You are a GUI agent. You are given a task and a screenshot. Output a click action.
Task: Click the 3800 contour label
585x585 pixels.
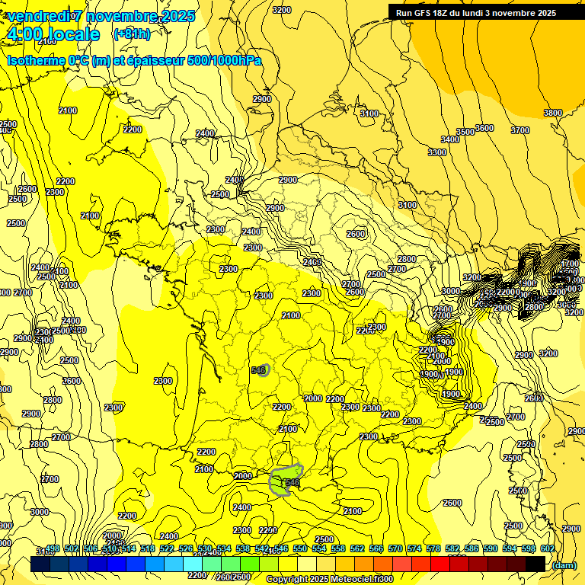tap(553, 113)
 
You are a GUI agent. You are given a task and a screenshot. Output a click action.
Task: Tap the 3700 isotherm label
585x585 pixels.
tap(519, 130)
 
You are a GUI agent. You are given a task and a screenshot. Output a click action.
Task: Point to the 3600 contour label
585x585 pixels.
tap(484, 128)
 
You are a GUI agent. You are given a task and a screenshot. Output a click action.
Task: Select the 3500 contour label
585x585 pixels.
tap(465, 132)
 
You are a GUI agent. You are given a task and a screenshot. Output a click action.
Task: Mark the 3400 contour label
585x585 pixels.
tap(450, 139)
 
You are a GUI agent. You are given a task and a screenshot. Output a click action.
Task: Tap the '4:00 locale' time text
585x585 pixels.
tap(53, 34)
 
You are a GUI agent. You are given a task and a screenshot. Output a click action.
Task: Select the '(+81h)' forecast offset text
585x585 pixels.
tap(131, 34)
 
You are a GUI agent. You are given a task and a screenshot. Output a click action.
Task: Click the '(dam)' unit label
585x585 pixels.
tap(564, 564)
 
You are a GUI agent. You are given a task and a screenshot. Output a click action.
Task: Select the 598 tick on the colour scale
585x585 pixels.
tap(529, 548)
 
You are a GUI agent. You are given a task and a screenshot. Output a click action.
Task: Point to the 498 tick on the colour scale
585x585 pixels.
tap(53, 548)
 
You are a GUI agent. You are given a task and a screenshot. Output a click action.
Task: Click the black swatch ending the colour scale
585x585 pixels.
tap(535, 564)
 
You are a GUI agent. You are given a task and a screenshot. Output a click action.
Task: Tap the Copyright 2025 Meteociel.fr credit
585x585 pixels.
tap(329, 580)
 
